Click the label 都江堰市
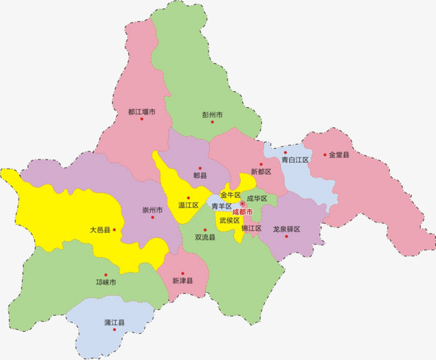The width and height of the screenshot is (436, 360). [x=142, y=112]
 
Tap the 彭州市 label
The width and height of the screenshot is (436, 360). [x=213, y=115]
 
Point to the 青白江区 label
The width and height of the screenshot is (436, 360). [x=294, y=160]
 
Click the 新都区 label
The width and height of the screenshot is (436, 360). [x=261, y=172]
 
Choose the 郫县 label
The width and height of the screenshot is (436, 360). [x=200, y=175]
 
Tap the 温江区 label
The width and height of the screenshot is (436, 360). [x=188, y=205]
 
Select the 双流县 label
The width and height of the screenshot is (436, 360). [x=205, y=237]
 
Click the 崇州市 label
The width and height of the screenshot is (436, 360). [x=152, y=210]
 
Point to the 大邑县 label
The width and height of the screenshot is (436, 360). [x=100, y=230]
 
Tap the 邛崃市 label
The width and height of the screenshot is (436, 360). [x=105, y=283]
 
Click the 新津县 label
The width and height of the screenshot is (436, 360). [x=182, y=281]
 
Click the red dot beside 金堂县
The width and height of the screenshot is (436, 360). [x=325, y=155]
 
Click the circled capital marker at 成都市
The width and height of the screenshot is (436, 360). [x=242, y=204]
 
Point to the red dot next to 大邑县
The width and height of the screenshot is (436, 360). [x=115, y=230]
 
